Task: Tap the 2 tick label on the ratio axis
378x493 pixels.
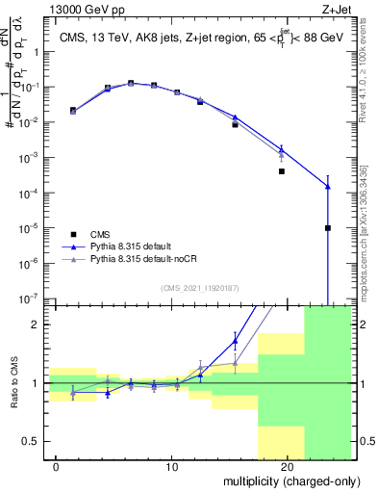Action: [38, 324]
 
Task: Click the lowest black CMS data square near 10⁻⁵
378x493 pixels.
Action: [328, 228]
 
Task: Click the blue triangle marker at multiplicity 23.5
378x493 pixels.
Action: [328, 187]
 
